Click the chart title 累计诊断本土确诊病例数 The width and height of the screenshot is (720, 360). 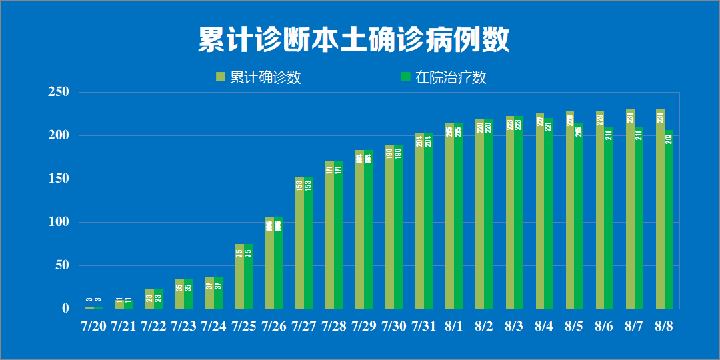(x=354, y=40)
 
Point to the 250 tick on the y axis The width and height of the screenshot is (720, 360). (x=59, y=92)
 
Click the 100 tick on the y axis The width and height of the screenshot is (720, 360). (x=59, y=222)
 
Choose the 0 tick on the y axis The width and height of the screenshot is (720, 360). (x=65, y=309)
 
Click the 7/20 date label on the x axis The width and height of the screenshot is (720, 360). (x=93, y=326)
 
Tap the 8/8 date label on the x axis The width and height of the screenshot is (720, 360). (x=664, y=326)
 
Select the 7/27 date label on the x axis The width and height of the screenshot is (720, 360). (x=303, y=326)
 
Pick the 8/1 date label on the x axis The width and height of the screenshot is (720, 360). (x=454, y=326)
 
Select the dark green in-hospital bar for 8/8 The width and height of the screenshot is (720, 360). (x=669, y=220)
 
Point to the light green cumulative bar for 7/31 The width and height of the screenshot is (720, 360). (x=419, y=221)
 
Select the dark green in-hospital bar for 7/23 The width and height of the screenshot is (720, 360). (x=188, y=294)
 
